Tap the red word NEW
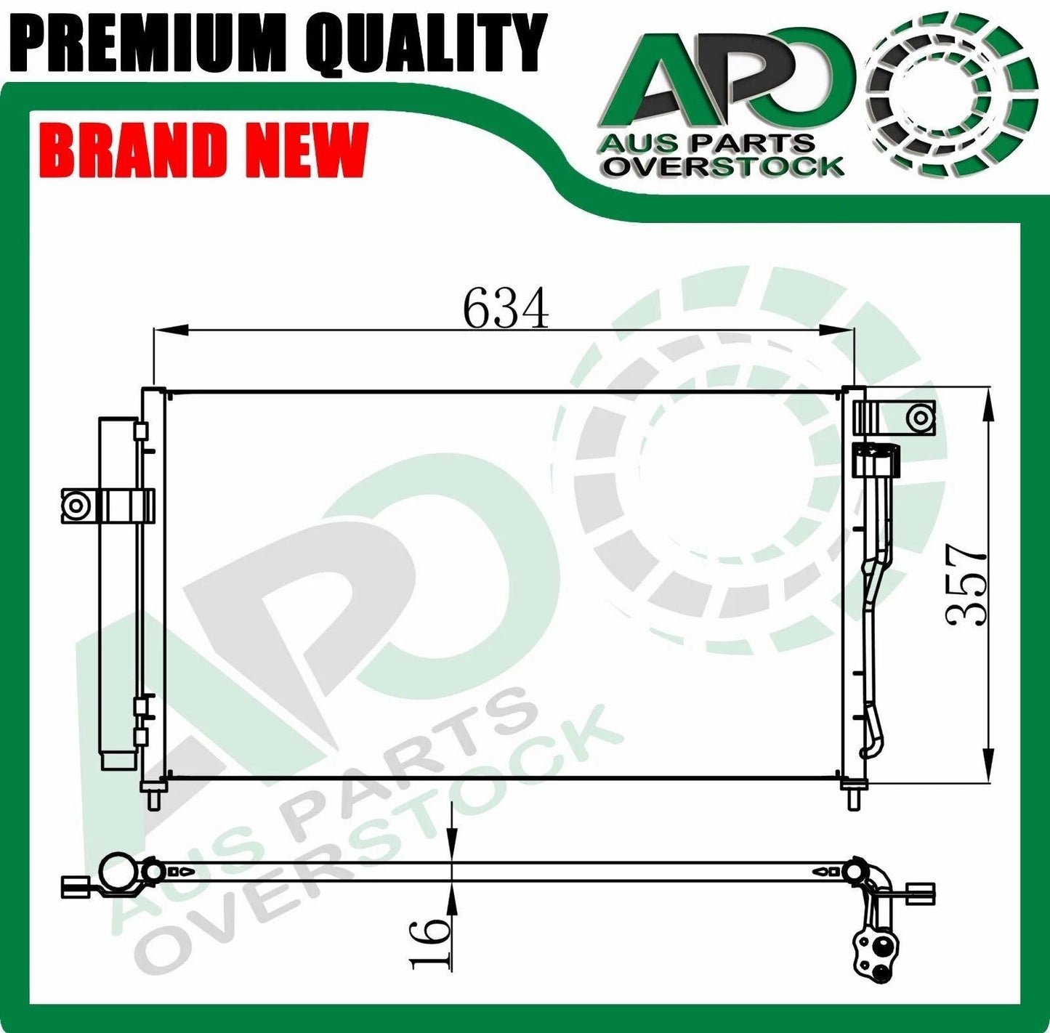pyautogui.click(x=305, y=151)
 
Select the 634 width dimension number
pyautogui.click(x=506, y=308)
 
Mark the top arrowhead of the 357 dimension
pyautogui.click(x=988, y=404)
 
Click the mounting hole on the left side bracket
pyautogui.click(x=75, y=505)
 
